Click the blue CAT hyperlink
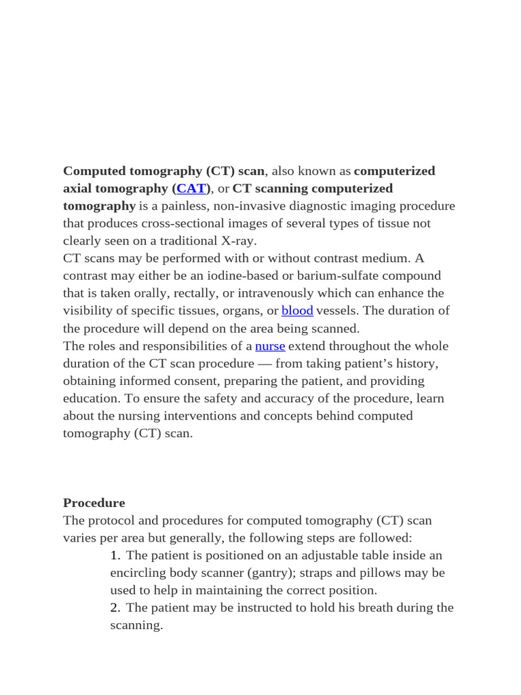191,188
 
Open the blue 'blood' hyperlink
297,311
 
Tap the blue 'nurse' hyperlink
270,346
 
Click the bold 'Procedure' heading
94,503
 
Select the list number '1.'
115,555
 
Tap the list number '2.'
115,607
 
